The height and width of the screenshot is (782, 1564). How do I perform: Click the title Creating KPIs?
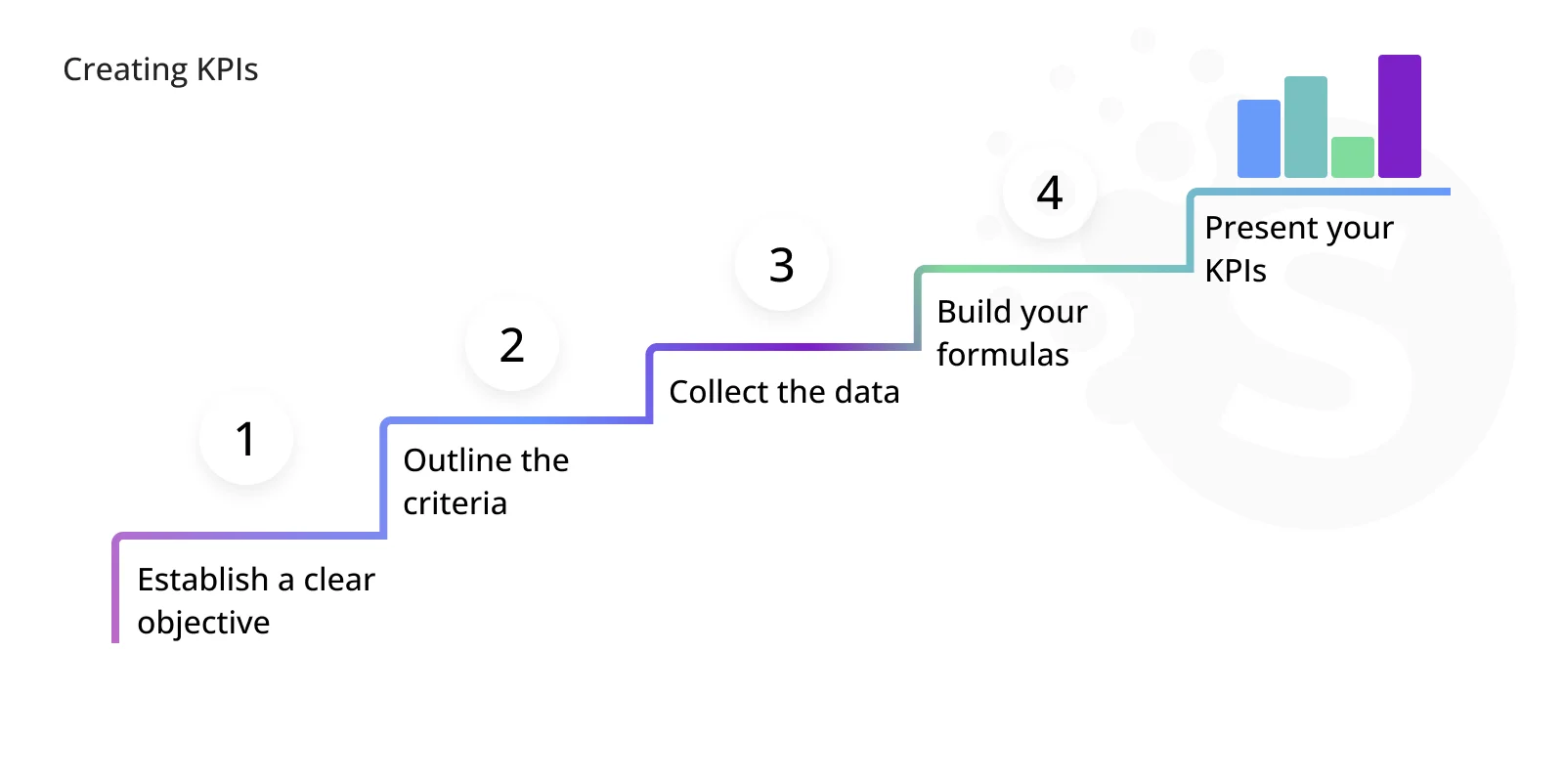pos(160,69)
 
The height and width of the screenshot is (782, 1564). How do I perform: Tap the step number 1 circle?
pos(245,439)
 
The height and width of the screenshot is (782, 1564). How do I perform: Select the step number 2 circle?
pos(512,345)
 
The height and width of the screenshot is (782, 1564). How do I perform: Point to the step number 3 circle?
pos(781,265)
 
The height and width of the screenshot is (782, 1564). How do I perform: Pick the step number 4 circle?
pos(1050,193)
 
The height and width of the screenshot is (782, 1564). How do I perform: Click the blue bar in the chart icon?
pos(1259,138)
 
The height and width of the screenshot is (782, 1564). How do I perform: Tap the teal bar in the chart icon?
pos(1306,126)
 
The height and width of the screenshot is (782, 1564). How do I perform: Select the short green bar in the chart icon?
pos(1353,157)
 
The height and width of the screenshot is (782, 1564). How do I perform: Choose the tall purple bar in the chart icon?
pos(1399,116)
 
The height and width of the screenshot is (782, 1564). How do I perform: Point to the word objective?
pos(203,623)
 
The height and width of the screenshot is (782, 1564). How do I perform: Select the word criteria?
pos(455,503)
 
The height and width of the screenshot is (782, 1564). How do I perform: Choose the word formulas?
pos(1003,355)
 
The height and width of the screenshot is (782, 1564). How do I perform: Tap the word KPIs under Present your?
pos(1236,271)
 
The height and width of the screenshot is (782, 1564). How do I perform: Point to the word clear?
pos(339,580)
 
